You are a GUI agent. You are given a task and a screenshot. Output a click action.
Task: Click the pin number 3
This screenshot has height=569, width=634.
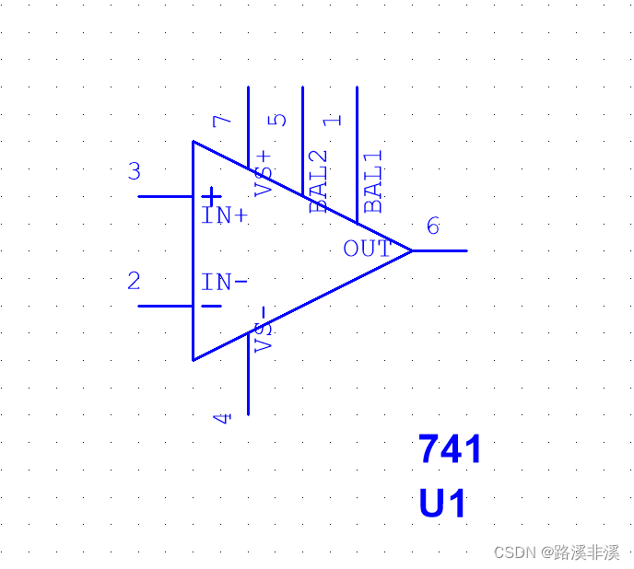[135, 171]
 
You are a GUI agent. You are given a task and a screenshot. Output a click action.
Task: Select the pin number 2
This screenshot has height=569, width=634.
[134, 281]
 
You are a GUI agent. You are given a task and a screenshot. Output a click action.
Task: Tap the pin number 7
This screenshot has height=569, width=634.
[222, 121]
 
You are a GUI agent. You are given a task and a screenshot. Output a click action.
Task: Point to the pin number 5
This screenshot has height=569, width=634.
[276, 120]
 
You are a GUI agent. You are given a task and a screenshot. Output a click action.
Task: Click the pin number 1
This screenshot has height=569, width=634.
[333, 120]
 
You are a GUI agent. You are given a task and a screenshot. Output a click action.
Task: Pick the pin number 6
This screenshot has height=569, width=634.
[433, 226]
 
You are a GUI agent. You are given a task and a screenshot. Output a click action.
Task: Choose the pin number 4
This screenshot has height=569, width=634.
[223, 418]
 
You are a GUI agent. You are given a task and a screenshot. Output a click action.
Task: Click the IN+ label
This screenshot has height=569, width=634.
[225, 216]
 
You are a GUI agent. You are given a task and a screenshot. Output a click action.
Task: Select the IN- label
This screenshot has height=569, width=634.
[225, 283]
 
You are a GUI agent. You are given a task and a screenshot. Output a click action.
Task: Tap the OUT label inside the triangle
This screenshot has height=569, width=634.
[367, 249]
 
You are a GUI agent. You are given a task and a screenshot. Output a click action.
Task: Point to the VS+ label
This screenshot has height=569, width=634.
[264, 173]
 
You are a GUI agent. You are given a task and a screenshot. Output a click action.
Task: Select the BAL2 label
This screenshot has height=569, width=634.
[319, 181]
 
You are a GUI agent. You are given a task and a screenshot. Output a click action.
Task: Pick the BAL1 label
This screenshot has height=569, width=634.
[373, 182]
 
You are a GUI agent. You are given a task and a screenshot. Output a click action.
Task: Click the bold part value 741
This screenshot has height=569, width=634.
[450, 449]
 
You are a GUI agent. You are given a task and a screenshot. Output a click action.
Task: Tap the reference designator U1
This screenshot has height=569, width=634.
[443, 505]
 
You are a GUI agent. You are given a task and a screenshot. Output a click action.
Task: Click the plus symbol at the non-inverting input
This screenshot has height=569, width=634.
[212, 196]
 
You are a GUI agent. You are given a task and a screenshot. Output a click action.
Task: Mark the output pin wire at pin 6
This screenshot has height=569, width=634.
[440, 250]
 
